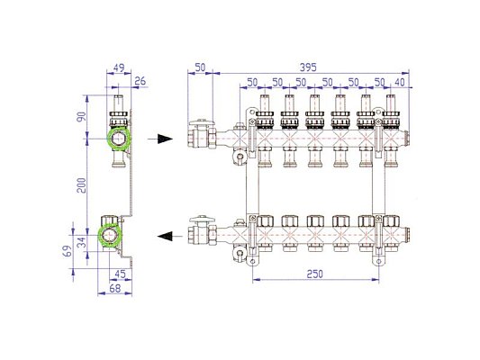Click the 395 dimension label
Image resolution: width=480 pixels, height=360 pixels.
click(308, 67)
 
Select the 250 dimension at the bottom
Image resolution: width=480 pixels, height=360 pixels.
click(314, 274)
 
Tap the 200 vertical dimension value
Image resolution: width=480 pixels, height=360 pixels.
click(81, 185)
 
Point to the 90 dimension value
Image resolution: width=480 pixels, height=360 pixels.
click(81, 116)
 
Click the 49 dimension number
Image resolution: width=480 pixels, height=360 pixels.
click(119, 67)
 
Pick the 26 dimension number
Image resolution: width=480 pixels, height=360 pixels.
click(140, 81)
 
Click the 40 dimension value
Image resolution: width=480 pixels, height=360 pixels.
click(400, 82)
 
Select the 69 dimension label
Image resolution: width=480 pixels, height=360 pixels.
click(68, 251)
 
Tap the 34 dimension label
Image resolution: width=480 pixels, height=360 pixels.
click(81, 243)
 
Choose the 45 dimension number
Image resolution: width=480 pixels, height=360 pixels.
click(120, 274)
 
